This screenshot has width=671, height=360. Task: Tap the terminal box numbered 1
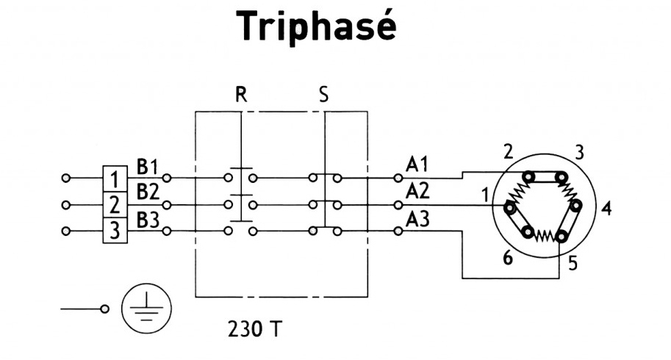pos(114,178)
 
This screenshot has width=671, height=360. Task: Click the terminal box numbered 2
pos(114,204)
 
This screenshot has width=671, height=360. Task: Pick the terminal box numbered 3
pos(114,231)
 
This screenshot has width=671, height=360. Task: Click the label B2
pos(148,191)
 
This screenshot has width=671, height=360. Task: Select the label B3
pos(148,218)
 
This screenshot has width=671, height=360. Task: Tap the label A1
pos(417,164)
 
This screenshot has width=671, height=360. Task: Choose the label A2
pos(417,191)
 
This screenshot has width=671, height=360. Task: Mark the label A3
pos(417,218)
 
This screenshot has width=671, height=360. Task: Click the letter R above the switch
pos(240,95)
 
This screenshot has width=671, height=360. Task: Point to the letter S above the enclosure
pos(324,95)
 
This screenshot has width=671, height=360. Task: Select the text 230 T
pos(253,328)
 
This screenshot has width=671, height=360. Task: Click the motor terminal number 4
pos(606,208)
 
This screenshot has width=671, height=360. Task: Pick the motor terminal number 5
pos(573,263)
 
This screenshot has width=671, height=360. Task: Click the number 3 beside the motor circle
pos(579,153)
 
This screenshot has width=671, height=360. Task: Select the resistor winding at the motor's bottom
pos(545,235)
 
